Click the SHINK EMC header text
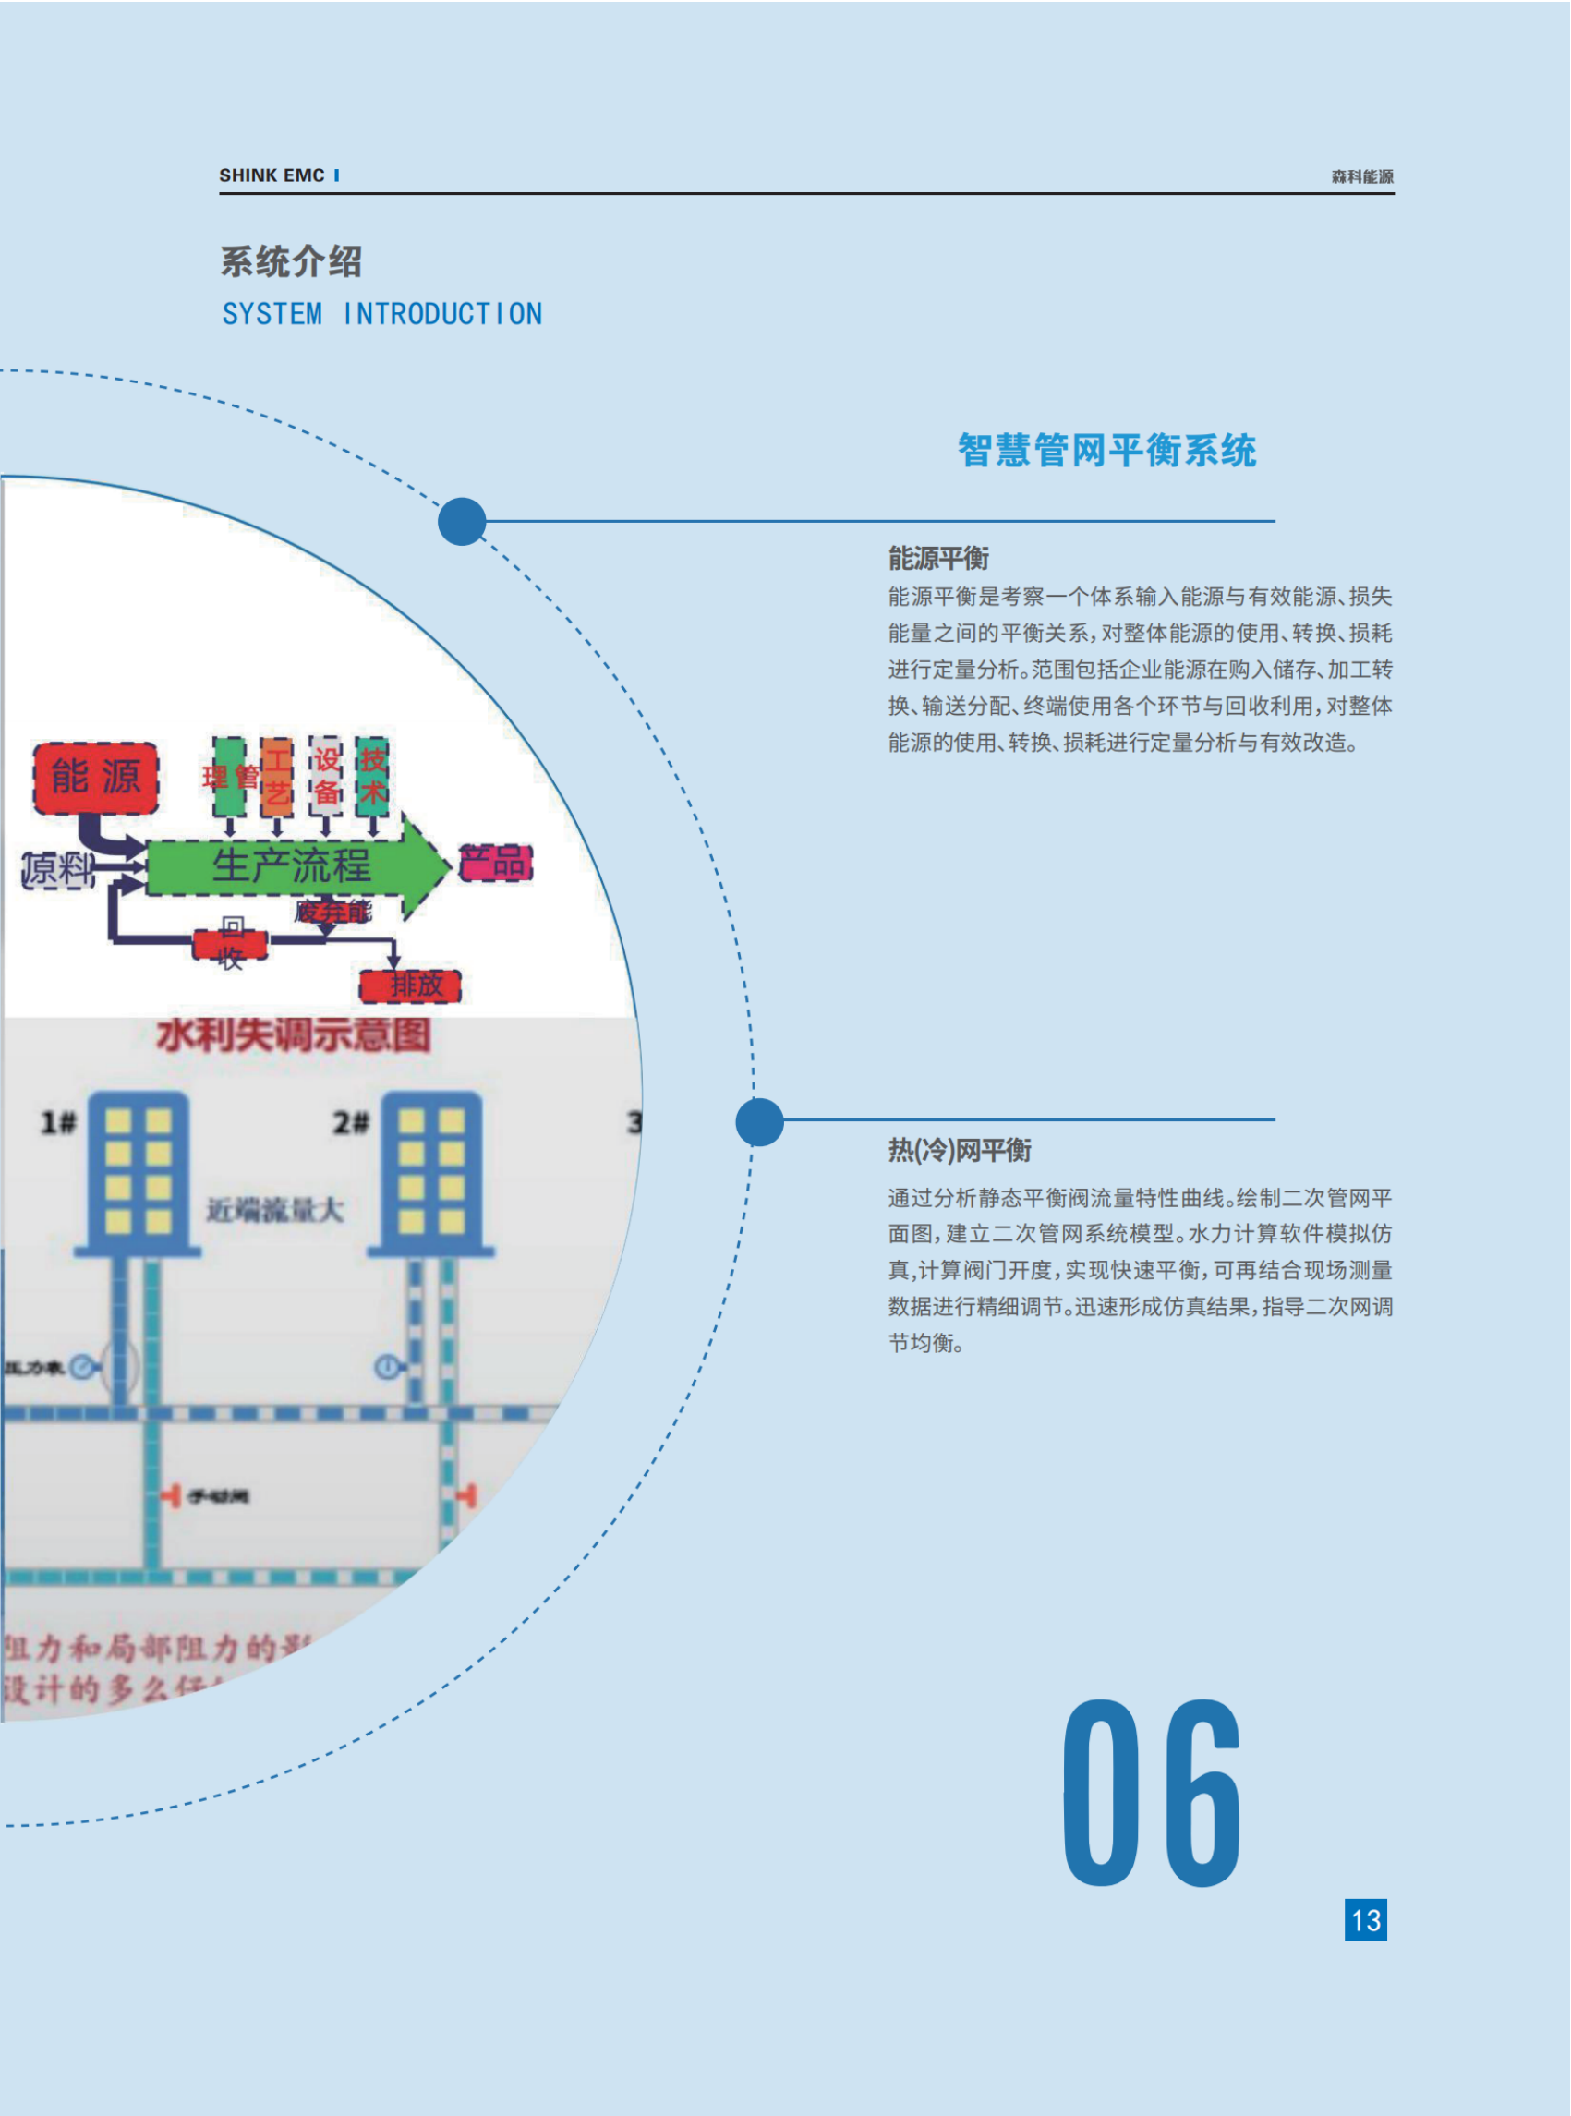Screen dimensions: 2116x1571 click(x=272, y=175)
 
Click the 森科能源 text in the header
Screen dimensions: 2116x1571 click(x=1361, y=177)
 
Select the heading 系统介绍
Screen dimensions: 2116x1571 click(x=291, y=261)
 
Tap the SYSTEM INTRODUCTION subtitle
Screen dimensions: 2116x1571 click(x=382, y=314)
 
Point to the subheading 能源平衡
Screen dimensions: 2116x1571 click(x=938, y=558)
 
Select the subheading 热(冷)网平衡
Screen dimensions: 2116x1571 click(x=960, y=1151)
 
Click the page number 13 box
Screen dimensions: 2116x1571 click(x=1366, y=1920)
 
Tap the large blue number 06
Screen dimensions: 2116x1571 click(x=1152, y=1793)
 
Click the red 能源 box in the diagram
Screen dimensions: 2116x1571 click(x=96, y=778)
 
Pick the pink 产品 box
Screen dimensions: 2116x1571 click(x=495, y=864)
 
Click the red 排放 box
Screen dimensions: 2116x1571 click(x=411, y=986)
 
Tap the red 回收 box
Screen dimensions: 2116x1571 click(x=231, y=943)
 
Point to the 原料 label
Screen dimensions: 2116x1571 click(x=58, y=869)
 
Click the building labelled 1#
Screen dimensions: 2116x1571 click(x=138, y=1175)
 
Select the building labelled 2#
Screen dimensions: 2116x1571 click(x=430, y=1175)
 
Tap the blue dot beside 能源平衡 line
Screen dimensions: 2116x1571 click(x=462, y=521)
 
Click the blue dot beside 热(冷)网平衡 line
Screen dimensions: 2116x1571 click(x=760, y=1122)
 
